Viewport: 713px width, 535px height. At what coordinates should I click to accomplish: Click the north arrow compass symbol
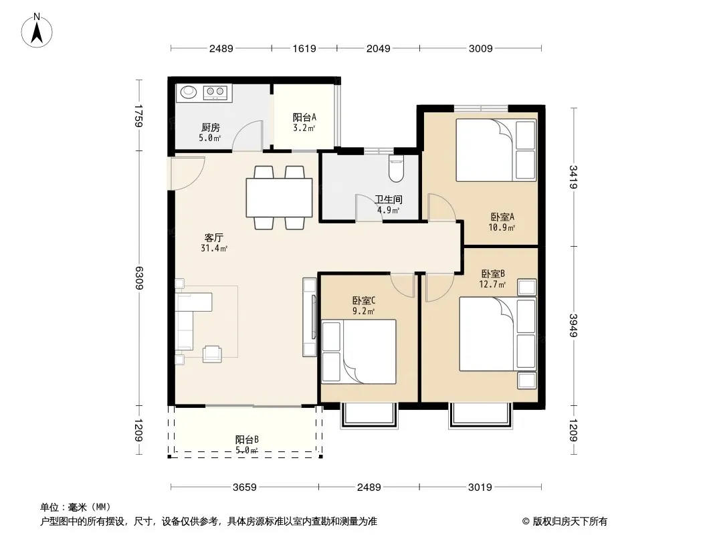coord(37,31)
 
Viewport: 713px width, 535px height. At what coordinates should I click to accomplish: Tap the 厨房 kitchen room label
coord(211,128)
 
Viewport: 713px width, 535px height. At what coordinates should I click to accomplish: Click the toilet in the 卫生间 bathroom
coord(397,169)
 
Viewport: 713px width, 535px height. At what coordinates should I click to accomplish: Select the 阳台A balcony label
coord(304,117)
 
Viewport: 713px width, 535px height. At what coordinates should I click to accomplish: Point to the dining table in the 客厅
coord(279,197)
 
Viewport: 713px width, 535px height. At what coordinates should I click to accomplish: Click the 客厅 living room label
coord(214,237)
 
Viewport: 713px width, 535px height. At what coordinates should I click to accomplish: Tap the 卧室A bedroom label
coord(502,217)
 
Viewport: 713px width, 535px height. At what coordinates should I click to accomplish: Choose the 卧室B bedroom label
coord(493,274)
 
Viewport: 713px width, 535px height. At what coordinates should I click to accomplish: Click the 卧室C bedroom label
coord(364,300)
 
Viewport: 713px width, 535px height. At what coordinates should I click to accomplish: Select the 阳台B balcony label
coord(247,439)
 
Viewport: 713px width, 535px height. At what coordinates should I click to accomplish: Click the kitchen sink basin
coord(188,92)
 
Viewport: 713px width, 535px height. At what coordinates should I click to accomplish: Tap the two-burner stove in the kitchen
coord(215,92)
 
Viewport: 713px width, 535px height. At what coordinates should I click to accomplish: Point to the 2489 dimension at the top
coord(221,48)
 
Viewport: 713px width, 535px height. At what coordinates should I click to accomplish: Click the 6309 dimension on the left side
coord(138,278)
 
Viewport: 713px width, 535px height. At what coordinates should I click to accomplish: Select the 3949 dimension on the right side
coord(573,326)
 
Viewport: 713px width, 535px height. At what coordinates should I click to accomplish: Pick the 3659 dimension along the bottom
coord(245,488)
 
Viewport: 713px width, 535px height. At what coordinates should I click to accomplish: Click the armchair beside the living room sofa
coord(212,354)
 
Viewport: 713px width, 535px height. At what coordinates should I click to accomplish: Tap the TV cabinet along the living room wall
coord(310,317)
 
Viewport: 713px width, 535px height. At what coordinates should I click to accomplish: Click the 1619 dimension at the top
coord(304,48)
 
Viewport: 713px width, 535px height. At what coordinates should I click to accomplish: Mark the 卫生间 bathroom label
coord(389,199)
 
